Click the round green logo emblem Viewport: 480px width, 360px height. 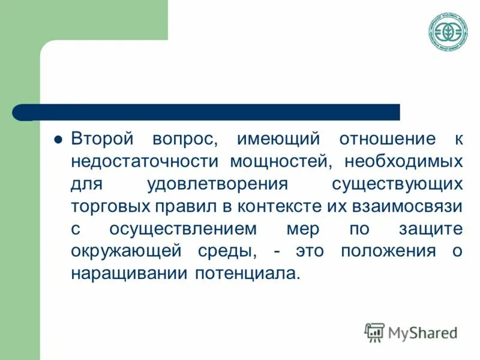pos(448,32)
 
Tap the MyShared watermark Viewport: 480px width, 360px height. pos(412,331)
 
